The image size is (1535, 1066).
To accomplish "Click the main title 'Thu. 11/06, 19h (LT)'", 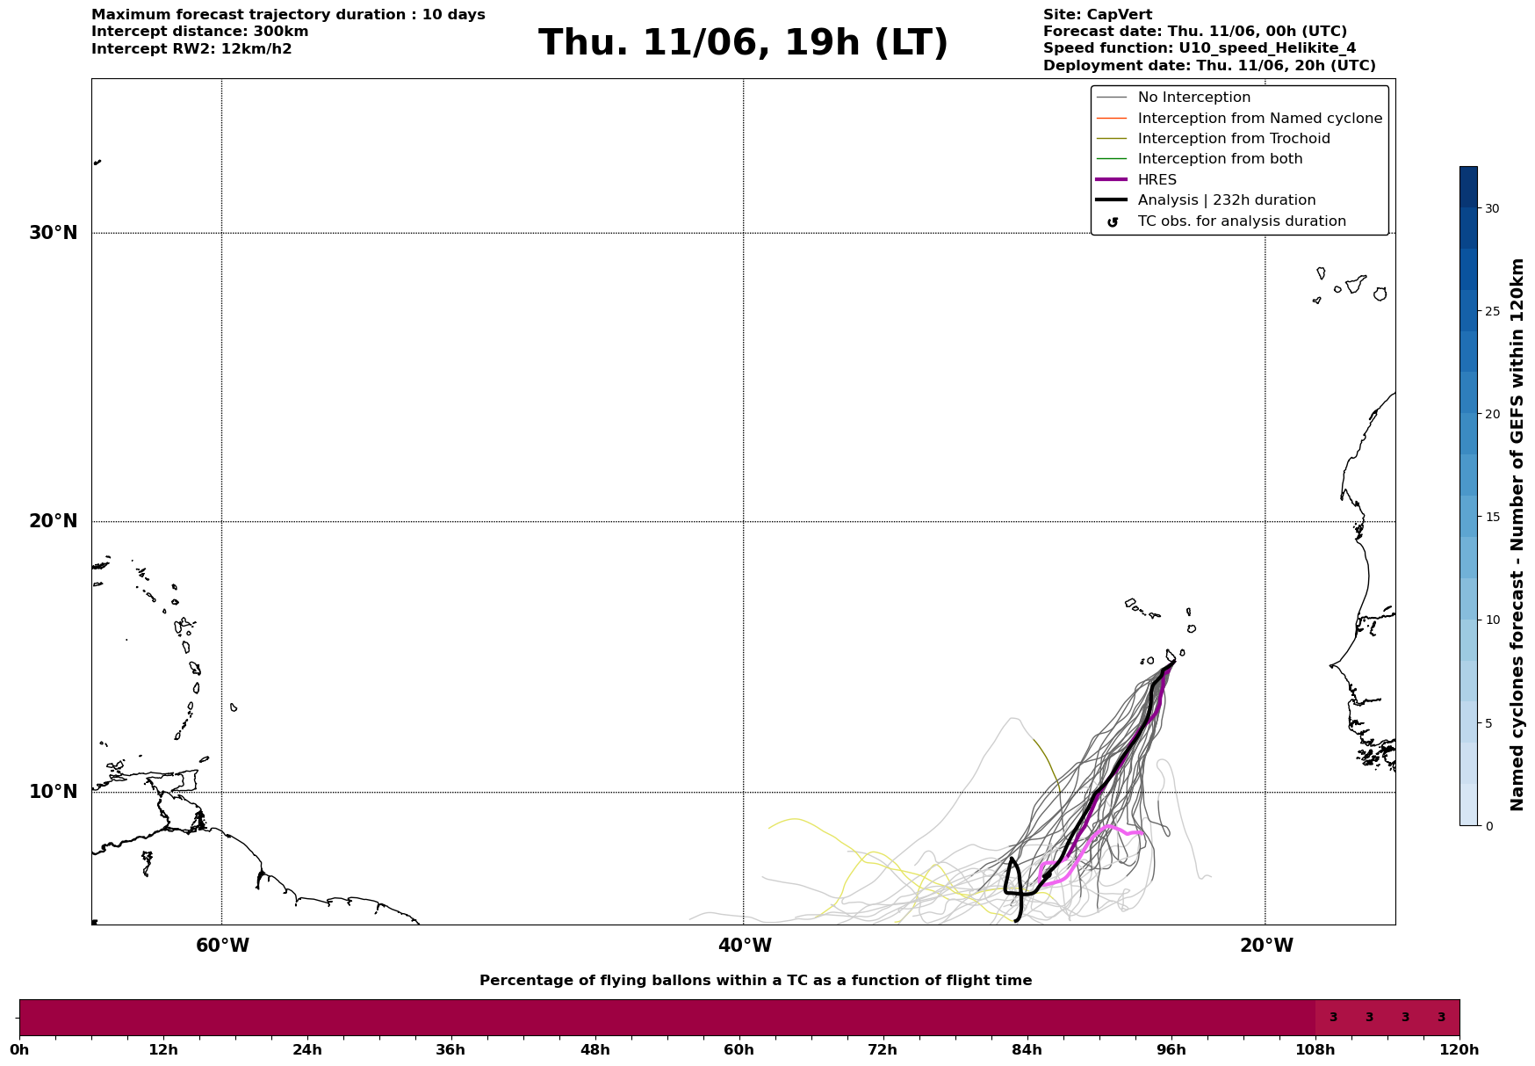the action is (x=743, y=43).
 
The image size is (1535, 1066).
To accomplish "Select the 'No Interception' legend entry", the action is (x=1193, y=98).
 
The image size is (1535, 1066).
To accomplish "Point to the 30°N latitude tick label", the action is (x=54, y=233).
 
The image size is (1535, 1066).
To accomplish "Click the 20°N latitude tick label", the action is (x=54, y=521).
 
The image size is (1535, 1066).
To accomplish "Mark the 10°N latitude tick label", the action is (x=54, y=792).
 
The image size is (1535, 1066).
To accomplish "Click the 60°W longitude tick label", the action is (x=222, y=946).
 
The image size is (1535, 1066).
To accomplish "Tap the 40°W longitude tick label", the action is (x=745, y=946).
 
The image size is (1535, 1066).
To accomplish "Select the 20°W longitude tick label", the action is (x=1266, y=946).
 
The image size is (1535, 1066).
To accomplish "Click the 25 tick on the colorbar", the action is (x=1492, y=311).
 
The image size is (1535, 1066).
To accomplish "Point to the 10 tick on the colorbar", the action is (x=1492, y=620).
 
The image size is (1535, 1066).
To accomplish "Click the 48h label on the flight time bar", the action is (x=595, y=1049).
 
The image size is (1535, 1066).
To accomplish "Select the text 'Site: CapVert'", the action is (x=1098, y=15).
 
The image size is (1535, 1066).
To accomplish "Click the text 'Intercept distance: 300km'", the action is (x=200, y=32).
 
